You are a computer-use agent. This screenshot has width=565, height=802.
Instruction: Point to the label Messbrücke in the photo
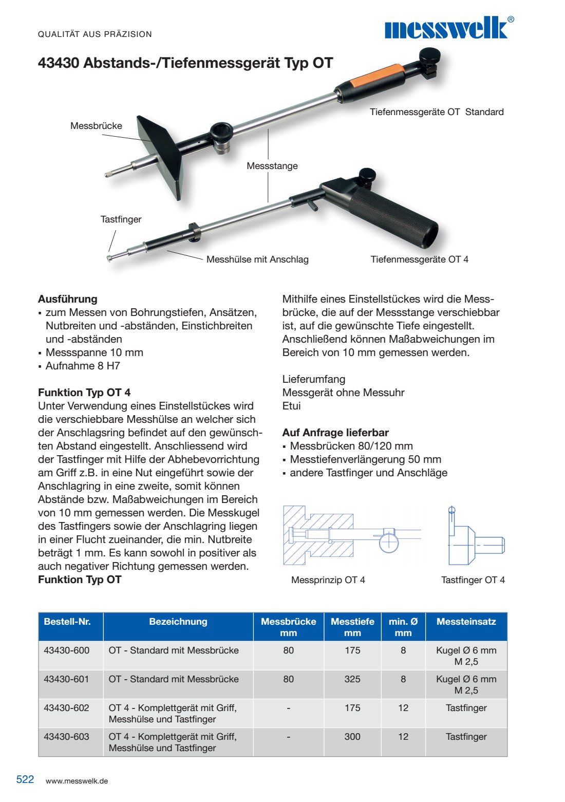point(96,126)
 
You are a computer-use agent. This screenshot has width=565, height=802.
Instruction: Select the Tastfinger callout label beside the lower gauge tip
point(121,219)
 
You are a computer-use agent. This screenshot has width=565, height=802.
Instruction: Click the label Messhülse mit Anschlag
point(257,259)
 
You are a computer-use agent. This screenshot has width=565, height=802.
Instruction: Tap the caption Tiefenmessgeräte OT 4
point(419,259)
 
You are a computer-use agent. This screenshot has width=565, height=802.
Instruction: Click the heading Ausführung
point(67,299)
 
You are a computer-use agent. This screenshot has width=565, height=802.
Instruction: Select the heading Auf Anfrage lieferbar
point(335,433)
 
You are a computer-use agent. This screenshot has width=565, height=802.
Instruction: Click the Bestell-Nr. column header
point(67,622)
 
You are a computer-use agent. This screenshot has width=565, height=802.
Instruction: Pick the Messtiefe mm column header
point(352,627)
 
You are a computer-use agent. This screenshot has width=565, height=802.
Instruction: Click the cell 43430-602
point(67,708)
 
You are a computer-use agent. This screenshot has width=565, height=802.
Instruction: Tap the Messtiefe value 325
point(352,679)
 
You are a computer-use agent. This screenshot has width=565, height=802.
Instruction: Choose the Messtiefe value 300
point(352,737)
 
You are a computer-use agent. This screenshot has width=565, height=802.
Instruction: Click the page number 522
point(25,779)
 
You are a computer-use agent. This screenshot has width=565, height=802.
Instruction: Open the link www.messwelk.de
point(77,781)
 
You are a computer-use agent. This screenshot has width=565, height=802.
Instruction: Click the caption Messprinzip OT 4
point(328,580)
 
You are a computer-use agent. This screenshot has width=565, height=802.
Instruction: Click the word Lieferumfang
point(314,379)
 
